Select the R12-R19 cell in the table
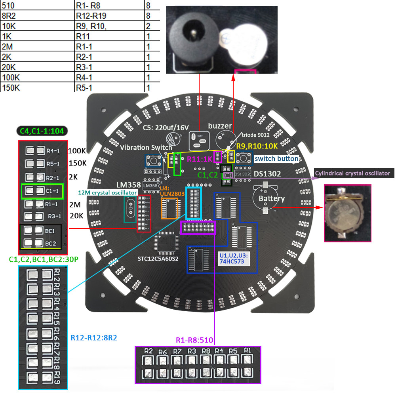pos(91,16)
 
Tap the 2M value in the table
pos(8,47)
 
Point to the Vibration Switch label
pos(146,147)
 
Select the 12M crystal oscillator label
pos(107,192)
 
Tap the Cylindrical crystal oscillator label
pos(352,173)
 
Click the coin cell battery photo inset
pos(347,213)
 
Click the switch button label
pos(276,159)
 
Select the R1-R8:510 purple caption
pos(194,340)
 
